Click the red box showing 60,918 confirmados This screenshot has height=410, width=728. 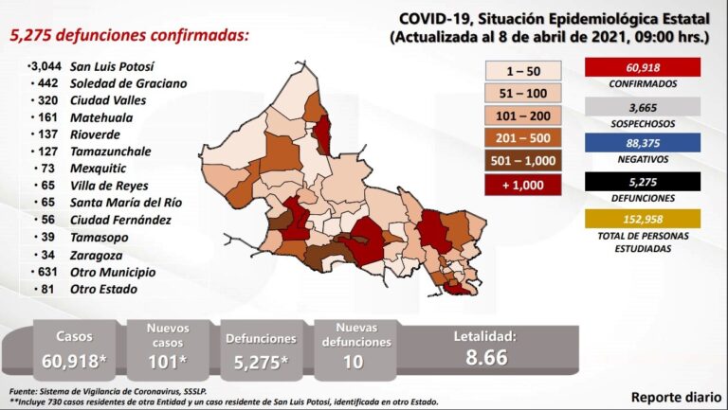pyautogui.click(x=643, y=67)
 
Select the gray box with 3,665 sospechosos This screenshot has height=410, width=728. pyautogui.click(x=643, y=108)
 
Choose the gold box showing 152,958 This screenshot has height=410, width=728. pyautogui.click(x=643, y=220)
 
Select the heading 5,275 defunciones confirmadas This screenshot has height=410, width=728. pyautogui.click(x=130, y=35)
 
